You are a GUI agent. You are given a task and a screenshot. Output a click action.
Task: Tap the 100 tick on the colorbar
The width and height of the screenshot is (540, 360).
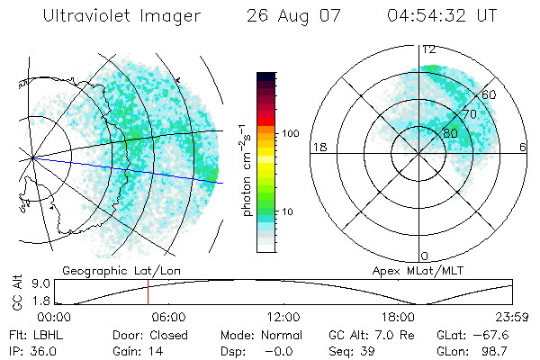tap(290, 133)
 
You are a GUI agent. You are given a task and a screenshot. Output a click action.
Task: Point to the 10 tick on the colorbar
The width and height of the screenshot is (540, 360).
tap(290, 211)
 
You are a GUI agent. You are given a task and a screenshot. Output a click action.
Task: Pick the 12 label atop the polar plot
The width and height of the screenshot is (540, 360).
tap(429, 49)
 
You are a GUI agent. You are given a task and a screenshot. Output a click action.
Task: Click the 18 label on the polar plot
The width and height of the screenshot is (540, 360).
tap(318, 148)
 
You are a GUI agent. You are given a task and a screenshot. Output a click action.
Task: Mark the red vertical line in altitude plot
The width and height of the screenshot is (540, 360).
tap(148, 292)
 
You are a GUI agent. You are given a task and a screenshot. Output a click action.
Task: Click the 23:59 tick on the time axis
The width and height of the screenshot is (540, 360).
tap(512, 317)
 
